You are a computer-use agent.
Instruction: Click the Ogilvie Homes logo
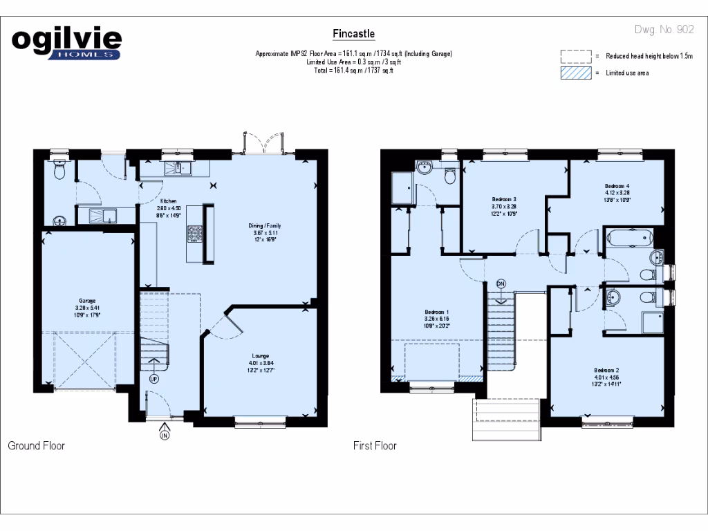pyautogui.click(x=66, y=43)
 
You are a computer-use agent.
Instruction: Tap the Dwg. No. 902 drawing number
pyautogui.click(x=664, y=30)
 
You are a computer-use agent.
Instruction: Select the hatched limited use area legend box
pyautogui.click(x=576, y=73)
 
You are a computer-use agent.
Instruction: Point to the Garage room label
pyautogui.click(x=86, y=301)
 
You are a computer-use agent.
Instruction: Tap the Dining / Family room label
pyautogui.click(x=265, y=226)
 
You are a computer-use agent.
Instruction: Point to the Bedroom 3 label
pyautogui.click(x=504, y=199)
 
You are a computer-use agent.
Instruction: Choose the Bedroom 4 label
pyautogui.click(x=617, y=186)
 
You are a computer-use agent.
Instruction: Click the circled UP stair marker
pyautogui.click(x=153, y=379)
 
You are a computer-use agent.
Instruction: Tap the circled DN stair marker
pyautogui.click(x=501, y=283)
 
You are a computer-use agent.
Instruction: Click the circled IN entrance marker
pyautogui.click(x=165, y=435)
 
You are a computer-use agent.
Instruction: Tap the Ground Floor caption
pyautogui.click(x=36, y=446)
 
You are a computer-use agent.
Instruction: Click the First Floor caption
pyautogui.click(x=375, y=446)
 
